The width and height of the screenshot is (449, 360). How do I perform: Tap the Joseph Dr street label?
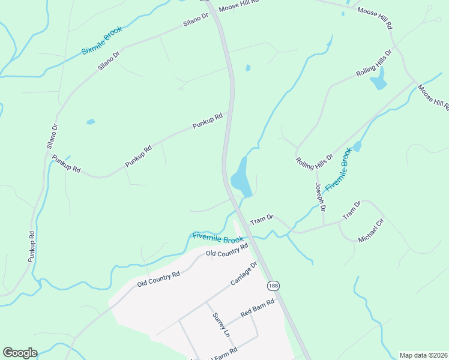319,197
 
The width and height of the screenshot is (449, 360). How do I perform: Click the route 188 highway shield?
274,285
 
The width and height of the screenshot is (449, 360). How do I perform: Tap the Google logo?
20,353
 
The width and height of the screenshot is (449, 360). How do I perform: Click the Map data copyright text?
424,355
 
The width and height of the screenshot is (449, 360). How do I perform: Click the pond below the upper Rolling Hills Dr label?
378,80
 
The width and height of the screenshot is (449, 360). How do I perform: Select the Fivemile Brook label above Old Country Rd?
218,238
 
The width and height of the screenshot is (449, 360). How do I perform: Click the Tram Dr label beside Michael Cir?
351,210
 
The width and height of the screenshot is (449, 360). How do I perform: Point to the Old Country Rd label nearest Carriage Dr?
227,250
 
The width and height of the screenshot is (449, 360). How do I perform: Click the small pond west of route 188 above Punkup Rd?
91,122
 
